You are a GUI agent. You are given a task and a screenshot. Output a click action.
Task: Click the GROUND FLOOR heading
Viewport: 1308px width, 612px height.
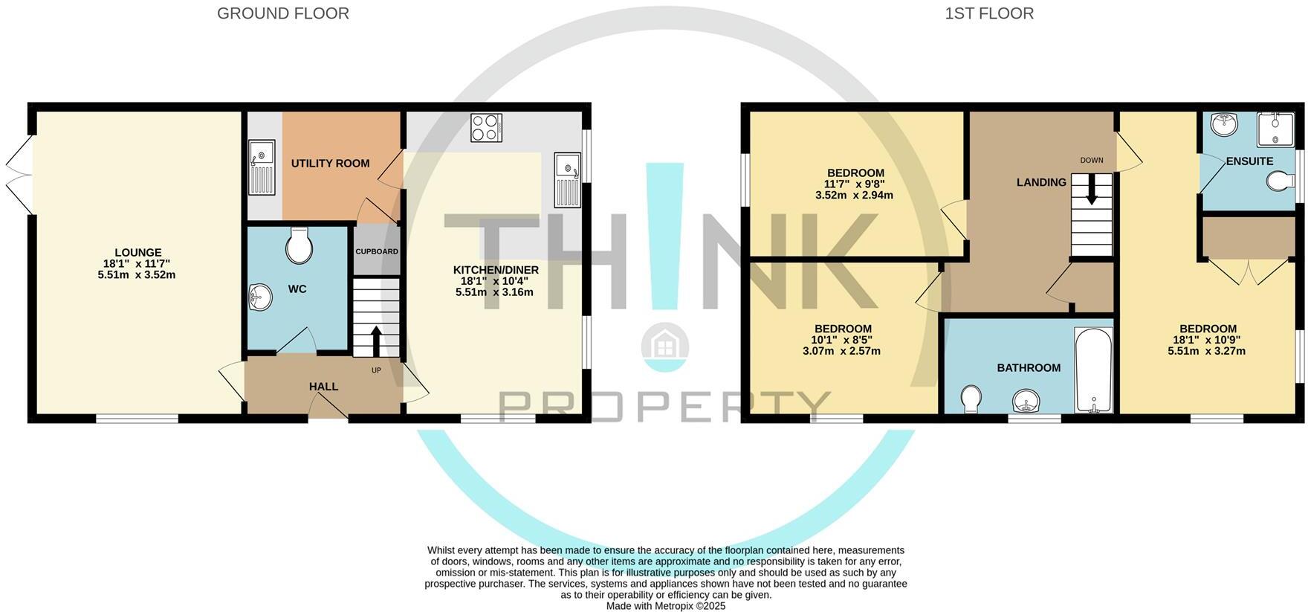click(x=282, y=13)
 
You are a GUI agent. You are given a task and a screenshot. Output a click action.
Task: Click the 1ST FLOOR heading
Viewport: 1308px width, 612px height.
click(x=988, y=13)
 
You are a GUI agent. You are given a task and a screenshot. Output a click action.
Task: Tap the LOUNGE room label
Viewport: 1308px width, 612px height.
click(x=137, y=253)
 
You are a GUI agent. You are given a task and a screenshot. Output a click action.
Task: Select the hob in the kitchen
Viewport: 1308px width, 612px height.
click(x=486, y=127)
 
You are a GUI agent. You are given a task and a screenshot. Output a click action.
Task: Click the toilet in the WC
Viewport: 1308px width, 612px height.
click(x=298, y=245)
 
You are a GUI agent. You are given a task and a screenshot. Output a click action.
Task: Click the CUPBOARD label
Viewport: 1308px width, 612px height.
click(x=376, y=251)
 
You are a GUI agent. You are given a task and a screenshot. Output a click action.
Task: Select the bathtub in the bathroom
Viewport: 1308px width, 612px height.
click(x=1093, y=370)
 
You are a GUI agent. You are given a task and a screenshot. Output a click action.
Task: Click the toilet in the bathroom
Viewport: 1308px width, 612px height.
click(x=971, y=399)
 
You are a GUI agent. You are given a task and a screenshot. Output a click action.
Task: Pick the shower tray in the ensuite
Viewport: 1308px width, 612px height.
click(x=1275, y=129)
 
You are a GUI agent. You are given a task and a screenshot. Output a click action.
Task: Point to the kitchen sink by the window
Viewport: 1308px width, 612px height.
click(x=567, y=179)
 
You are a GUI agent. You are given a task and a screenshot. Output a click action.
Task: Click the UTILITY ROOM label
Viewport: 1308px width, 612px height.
click(x=330, y=164)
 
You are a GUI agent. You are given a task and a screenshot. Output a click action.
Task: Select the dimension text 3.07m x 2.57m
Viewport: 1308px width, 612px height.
click(x=841, y=351)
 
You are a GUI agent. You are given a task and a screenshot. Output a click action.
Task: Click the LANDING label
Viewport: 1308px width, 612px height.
click(x=1041, y=182)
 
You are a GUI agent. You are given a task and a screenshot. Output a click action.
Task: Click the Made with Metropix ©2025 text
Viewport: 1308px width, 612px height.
click(x=665, y=606)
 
